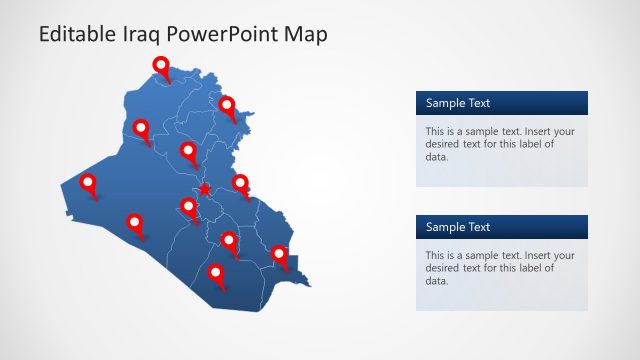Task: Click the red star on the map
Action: tap(205, 189)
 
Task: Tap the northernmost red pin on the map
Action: tap(162, 66)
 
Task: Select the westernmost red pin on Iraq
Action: tap(88, 183)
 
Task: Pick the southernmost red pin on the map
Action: tap(216, 272)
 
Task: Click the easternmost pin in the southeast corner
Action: tap(279, 255)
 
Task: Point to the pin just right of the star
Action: tap(241, 183)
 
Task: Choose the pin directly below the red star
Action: tap(188, 207)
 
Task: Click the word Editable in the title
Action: tap(74, 34)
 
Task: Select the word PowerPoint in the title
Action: tap(226, 34)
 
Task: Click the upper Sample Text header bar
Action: tap(502, 103)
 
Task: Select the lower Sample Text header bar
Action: tap(502, 227)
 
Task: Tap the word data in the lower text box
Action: tap(437, 281)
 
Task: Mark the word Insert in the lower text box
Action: tap(534, 256)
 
